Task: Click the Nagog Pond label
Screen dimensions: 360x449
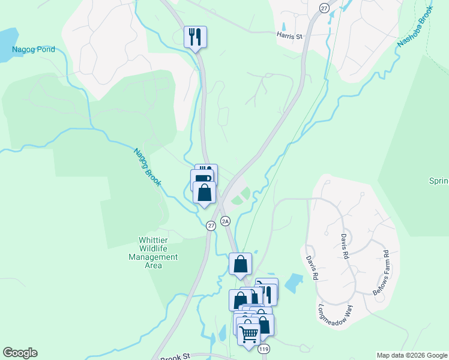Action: pyautogui.click(x=34, y=49)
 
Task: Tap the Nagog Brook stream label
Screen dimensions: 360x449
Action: pyautogui.click(x=148, y=167)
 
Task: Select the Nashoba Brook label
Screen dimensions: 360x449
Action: pyautogui.click(x=414, y=31)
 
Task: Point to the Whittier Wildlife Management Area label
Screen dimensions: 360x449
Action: pyautogui.click(x=154, y=248)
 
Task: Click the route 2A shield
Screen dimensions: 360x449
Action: pyautogui.click(x=226, y=221)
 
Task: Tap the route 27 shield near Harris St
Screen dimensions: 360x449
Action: pyautogui.click(x=324, y=8)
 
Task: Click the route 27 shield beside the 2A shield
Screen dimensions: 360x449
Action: pyautogui.click(x=211, y=226)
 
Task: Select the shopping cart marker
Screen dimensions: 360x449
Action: pyautogui.click(x=249, y=334)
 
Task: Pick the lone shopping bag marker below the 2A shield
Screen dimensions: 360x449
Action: pyautogui.click(x=240, y=264)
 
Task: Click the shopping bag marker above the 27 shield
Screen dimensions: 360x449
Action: pyautogui.click(x=205, y=193)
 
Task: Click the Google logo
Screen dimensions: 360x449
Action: pyautogui.click(x=20, y=353)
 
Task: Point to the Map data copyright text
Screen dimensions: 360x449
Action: pyautogui.click(x=412, y=355)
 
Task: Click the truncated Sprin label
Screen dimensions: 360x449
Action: pyautogui.click(x=439, y=181)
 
